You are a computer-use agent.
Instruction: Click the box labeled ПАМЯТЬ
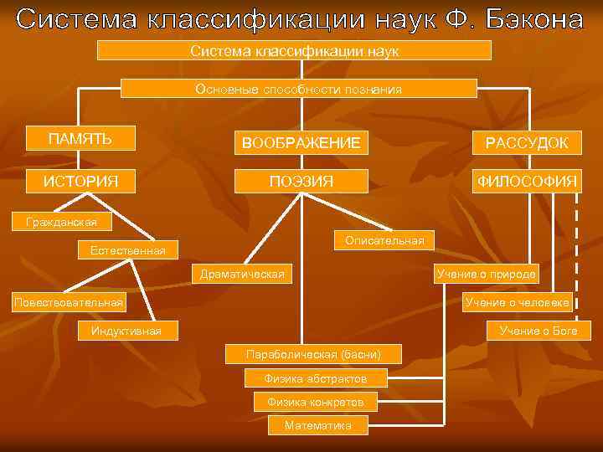(80, 138)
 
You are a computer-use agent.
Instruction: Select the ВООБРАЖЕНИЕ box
(301, 143)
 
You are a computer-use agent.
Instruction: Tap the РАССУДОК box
(527, 143)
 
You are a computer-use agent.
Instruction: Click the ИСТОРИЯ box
(80, 181)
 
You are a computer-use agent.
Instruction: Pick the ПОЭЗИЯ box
(301, 181)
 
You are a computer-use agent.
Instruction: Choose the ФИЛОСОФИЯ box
(527, 181)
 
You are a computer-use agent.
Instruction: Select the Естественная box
(121, 249)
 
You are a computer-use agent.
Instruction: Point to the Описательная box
(384, 240)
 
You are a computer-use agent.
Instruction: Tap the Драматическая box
(242, 274)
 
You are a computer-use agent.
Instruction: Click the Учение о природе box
(487, 274)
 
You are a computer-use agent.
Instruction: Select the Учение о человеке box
(518, 302)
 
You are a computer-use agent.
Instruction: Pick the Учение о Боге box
(539, 331)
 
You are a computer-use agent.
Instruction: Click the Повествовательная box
(68, 302)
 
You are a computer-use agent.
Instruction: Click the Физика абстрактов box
(316, 378)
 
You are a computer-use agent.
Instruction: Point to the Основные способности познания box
(299, 89)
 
